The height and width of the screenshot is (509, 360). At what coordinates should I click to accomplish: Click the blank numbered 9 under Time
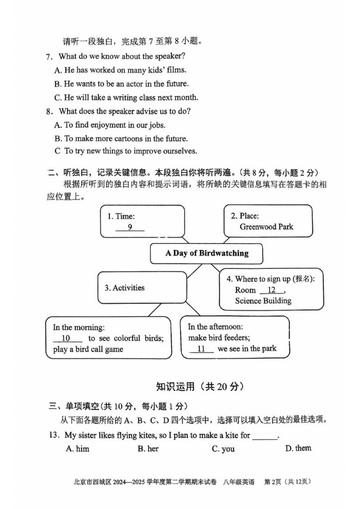[x=129, y=228]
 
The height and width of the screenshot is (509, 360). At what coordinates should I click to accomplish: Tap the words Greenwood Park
[x=267, y=227]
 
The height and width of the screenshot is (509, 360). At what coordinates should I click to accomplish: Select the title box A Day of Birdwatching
[x=207, y=253]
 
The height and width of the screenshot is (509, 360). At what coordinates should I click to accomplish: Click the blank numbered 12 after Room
[x=271, y=290]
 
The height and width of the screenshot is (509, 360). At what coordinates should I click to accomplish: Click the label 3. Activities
[x=124, y=288]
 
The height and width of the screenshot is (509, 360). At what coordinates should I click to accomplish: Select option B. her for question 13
[x=148, y=449]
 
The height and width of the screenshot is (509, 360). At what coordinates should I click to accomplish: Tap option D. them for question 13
[x=298, y=448]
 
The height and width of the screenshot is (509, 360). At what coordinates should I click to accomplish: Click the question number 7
[x=49, y=57]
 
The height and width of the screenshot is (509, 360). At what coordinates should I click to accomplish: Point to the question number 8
[x=49, y=111]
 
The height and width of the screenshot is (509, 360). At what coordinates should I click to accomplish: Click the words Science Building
[x=263, y=301]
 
